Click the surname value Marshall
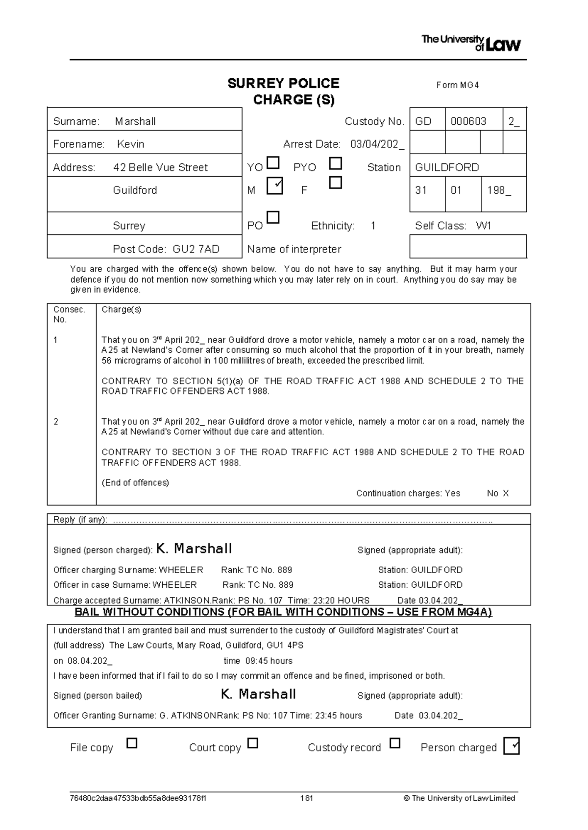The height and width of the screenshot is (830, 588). click(x=135, y=121)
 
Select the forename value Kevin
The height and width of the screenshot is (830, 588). click(x=131, y=144)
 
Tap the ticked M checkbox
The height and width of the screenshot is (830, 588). click(x=275, y=185)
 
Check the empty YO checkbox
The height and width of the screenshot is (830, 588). click(x=273, y=162)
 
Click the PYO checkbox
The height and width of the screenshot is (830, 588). click(x=336, y=163)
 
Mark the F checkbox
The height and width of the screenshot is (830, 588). click(x=335, y=183)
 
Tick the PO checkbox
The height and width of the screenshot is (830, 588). click(x=273, y=217)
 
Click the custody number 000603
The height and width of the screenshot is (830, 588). click(x=468, y=121)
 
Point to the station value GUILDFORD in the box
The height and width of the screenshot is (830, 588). click(x=447, y=167)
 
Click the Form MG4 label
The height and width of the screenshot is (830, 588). click(x=457, y=85)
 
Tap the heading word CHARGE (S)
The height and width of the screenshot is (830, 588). click(x=294, y=100)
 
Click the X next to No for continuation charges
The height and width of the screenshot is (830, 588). click(x=506, y=493)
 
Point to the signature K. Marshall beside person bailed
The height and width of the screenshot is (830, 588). click(x=258, y=694)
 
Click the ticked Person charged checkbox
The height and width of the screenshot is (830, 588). click(x=511, y=746)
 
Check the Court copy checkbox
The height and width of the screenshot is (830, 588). click(x=252, y=743)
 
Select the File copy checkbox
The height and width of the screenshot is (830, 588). click(x=132, y=743)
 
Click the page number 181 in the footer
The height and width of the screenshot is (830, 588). click(x=307, y=798)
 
